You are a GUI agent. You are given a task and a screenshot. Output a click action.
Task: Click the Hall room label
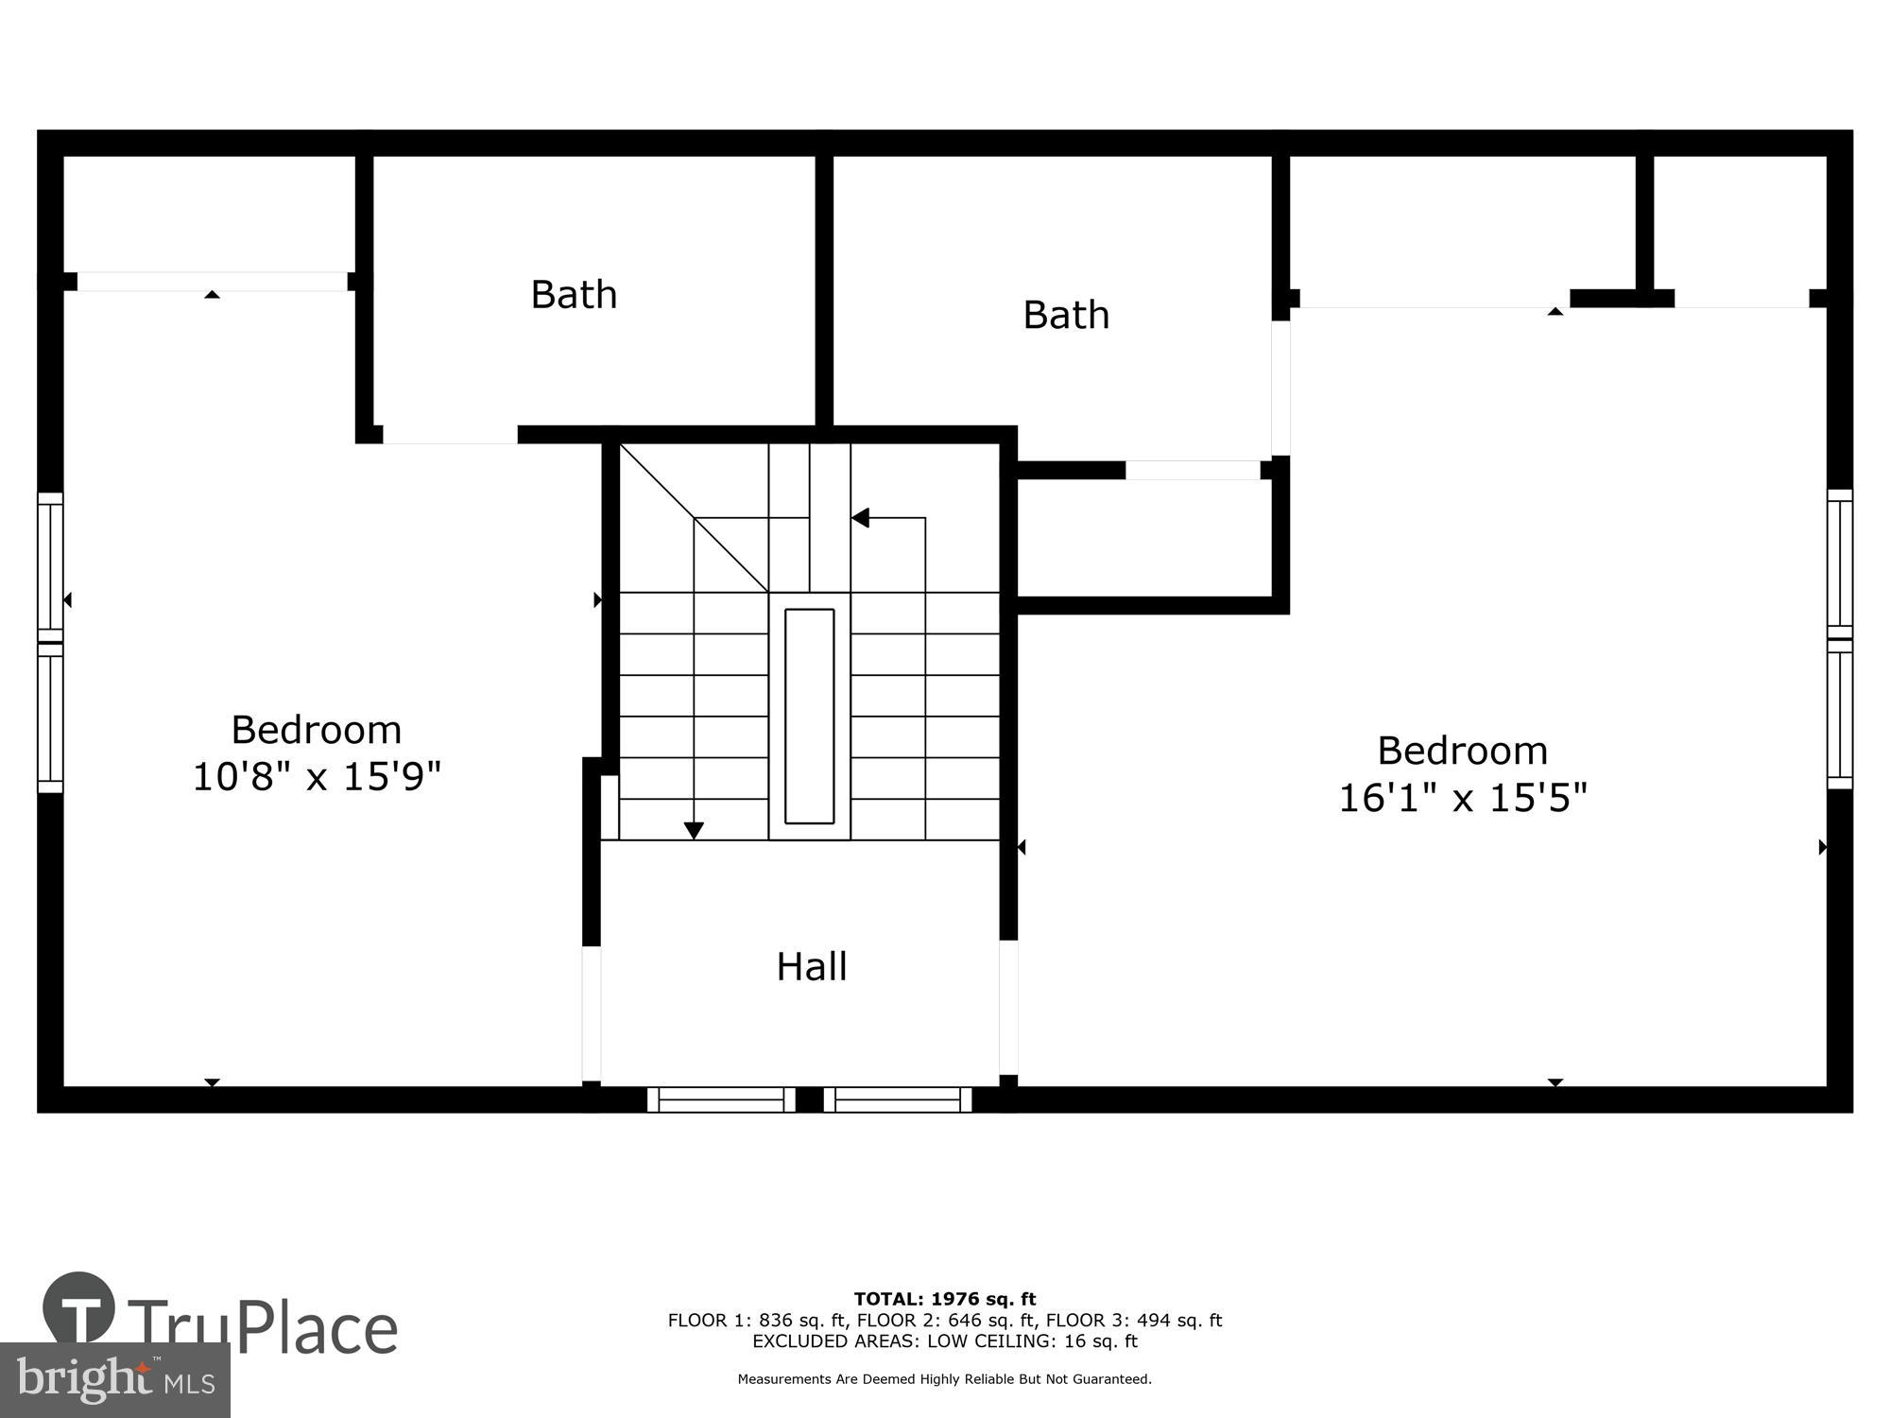[812, 966]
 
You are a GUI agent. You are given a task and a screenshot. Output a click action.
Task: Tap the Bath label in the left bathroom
[574, 294]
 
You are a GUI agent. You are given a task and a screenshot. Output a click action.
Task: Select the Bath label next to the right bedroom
[1066, 315]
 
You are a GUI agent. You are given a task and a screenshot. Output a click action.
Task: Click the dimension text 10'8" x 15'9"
[317, 777]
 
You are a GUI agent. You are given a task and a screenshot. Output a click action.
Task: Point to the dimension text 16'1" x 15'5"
[1462, 797]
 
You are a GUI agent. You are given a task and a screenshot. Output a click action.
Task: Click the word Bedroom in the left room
[317, 730]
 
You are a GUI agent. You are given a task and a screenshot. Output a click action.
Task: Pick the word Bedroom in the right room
[1462, 751]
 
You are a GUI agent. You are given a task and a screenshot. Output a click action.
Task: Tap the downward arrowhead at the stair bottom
[694, 831]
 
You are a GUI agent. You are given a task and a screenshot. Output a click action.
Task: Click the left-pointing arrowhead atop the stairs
[860, 518]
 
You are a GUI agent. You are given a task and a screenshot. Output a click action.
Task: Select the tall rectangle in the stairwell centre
[810, 716]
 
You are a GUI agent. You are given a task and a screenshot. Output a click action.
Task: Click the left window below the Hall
[721, 1099]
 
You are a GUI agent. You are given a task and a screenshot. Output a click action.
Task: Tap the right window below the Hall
[898, 1099]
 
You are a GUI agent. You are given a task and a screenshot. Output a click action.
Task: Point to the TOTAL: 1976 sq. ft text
[945, 1299]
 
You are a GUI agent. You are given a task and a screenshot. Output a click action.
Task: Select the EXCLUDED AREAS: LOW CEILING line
[945, 1341]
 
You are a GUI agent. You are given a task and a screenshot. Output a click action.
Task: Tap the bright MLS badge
[114, 1381]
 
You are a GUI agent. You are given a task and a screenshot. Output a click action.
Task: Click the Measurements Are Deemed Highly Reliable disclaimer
[945, 1379]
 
